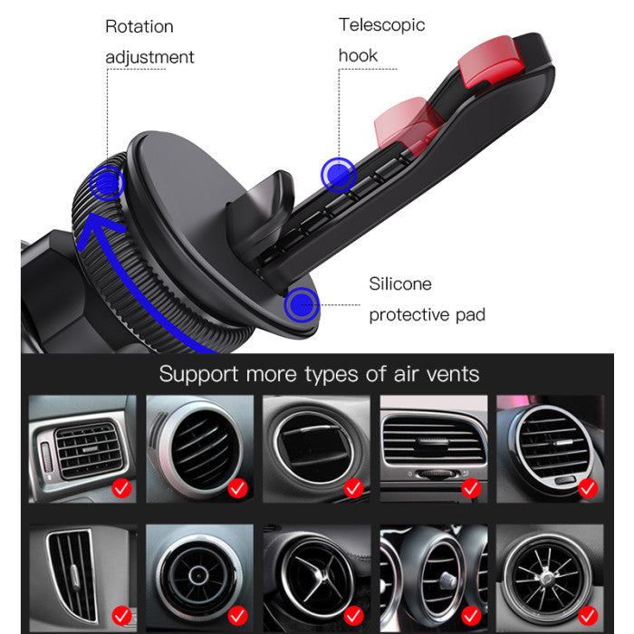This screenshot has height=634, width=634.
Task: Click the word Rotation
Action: pos(139,26)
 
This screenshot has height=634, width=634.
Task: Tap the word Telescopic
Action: pos(381,25)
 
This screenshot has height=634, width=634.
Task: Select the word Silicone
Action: pos(400,283)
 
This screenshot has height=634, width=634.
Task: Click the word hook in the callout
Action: pos(358,55)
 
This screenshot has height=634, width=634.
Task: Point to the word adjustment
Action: pos(149,57)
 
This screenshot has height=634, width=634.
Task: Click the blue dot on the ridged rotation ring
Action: pos(107,183)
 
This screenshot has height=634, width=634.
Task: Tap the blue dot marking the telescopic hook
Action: pos(339,175)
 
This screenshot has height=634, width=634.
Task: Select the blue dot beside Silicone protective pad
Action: pos(302,305)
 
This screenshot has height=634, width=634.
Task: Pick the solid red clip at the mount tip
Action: pos(490,61)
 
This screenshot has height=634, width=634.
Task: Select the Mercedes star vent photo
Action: pos(317,578)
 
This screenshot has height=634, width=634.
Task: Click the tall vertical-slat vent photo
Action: pos(82,578)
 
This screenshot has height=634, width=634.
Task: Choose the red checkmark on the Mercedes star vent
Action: pos(353,615)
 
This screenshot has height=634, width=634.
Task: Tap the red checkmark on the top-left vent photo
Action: pos(121,488)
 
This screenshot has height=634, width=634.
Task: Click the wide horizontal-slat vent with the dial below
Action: pos(434,449)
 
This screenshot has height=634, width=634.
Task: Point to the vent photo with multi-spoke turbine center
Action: pos(550,578)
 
